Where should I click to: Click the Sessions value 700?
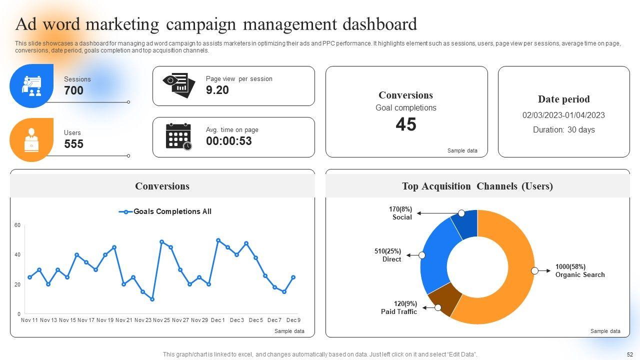[x=73, y=90]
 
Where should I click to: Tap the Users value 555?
[x=73, y=144]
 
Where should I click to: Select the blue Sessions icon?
[x=31, y=86]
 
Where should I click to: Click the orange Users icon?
[x=31, y=139]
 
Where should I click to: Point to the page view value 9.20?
[x=217, y=90]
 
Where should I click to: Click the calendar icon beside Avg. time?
[x=178, y=136]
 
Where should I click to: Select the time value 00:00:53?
[x=229, y=141]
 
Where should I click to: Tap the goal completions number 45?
[x=406, y=124]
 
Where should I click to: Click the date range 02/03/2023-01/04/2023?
[x=563, y=115]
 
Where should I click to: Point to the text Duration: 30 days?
[x=563, y=129]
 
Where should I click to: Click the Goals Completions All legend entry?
[x=165, y=211]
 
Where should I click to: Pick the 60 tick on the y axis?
[x=17, y=225]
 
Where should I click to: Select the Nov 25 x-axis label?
[x=161, y=320]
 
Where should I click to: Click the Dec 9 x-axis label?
[x=293, y=320]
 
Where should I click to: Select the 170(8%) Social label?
[x=400, y=213]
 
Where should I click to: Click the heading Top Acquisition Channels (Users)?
[x=477, y=186]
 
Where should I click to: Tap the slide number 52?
[x=629, y=354]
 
